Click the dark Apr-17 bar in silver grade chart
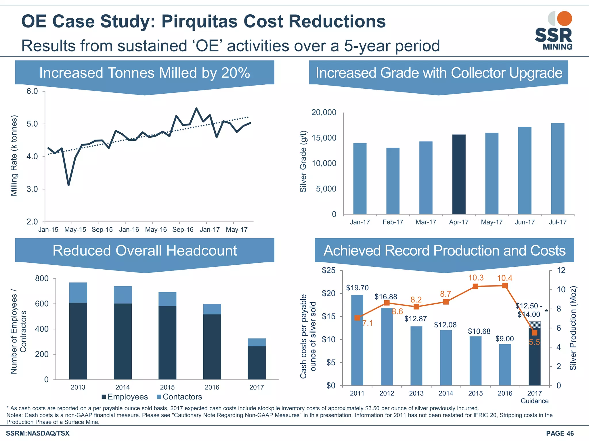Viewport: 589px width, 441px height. point(459,174)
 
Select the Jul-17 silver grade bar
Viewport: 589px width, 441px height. point(558,169)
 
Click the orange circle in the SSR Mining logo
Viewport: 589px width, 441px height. point(564,19)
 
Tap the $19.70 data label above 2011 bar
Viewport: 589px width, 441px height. point(357,288)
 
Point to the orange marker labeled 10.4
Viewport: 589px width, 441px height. point(505,285)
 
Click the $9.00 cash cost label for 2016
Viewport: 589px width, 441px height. point(504,339)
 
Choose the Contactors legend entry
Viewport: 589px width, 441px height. point(179,397)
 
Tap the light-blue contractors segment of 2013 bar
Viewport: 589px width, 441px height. point(78,293)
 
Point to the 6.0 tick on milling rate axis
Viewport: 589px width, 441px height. point(32,91)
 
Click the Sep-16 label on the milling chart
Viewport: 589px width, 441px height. point(183,230)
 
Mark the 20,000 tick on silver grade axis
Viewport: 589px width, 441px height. point(324,112)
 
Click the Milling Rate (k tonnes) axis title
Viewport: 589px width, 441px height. point(14,156)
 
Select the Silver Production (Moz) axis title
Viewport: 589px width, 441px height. point(573,328)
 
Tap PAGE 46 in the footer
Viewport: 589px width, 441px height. point(560,433)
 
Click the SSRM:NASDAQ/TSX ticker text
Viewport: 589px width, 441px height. point(38,433)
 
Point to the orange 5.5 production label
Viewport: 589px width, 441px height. point(534,342)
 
